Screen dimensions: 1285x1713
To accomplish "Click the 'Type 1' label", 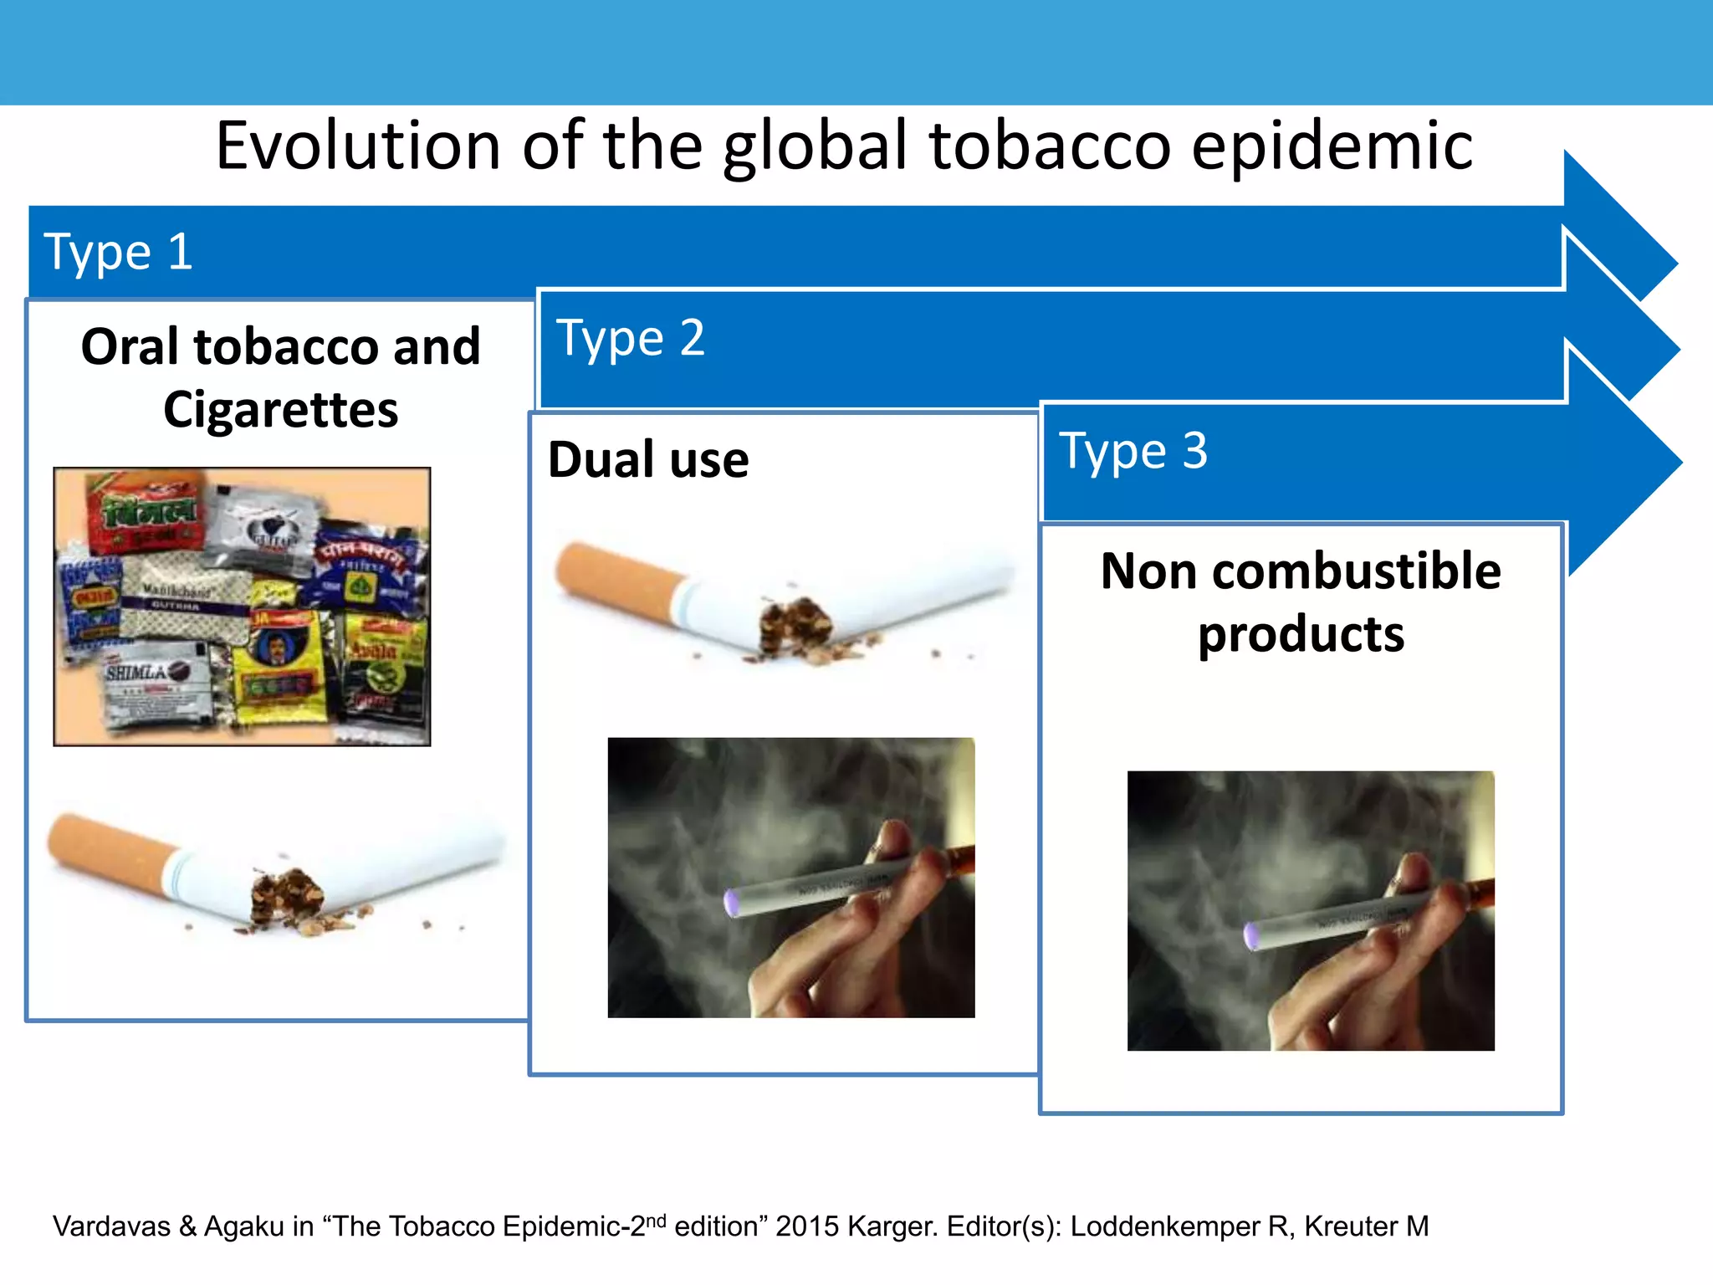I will [x=118, y=252].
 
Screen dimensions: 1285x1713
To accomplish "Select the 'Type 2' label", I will [x=631, y=339].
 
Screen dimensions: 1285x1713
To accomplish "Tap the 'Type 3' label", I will [x=1133, y=452].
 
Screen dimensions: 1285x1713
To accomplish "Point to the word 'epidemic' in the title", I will [x=1332, y=147].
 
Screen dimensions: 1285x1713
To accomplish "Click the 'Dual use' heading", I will [x=648, y=460].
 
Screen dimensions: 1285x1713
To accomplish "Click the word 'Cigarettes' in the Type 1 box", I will [x=281, y=410].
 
